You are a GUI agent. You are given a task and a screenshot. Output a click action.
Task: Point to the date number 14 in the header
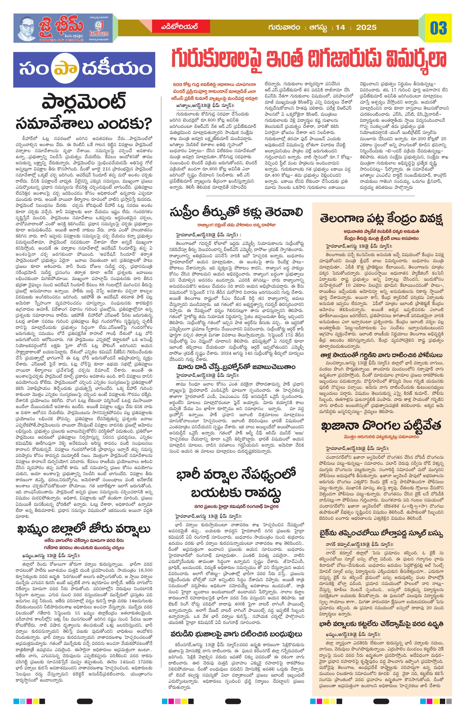340,27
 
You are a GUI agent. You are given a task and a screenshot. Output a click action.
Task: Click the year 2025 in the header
366,27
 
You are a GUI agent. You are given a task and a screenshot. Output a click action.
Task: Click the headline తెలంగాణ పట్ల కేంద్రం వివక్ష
382,218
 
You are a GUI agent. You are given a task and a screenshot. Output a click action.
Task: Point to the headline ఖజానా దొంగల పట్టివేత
382,426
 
